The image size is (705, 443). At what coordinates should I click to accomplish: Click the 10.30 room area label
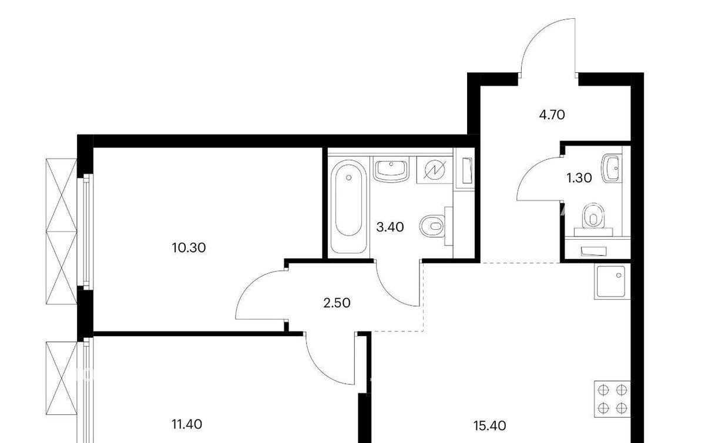pos(189,248)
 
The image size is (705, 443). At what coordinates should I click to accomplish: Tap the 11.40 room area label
pos(187,424)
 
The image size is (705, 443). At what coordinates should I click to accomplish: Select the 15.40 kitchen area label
pos(490,426)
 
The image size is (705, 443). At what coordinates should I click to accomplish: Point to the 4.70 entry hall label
pos(552,115)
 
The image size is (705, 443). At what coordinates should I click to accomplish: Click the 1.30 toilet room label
pos(579,178)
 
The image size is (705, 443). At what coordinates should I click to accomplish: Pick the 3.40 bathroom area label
pos(390,227)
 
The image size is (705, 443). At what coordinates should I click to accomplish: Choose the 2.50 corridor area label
pos(337,303)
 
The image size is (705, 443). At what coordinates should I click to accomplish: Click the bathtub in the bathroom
pos(349,206)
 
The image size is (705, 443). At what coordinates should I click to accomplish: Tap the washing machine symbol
pos(435,170)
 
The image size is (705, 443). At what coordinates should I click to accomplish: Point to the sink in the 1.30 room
pos(612,169)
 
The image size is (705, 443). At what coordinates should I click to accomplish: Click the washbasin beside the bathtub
pos(391,169)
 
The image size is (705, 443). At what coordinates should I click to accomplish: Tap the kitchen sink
pos(611,282)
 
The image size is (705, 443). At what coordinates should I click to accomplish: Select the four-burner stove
pos(612,400)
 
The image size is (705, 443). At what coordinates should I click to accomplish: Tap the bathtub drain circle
pos(349,177)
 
